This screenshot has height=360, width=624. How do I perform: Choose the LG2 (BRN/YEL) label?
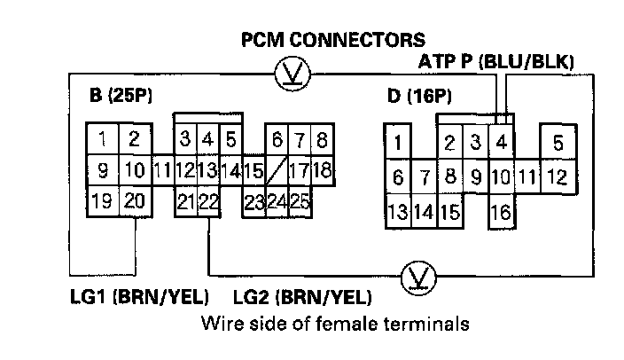301,295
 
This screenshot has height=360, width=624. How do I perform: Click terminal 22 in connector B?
208,201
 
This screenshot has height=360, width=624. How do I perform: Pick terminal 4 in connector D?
501,141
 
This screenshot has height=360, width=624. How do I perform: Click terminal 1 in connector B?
103,138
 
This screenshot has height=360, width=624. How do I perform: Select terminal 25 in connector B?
299,201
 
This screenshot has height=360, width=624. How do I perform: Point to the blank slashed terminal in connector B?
276,168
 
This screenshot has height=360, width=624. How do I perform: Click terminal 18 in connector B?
322,168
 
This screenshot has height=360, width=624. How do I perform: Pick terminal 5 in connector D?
558,142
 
